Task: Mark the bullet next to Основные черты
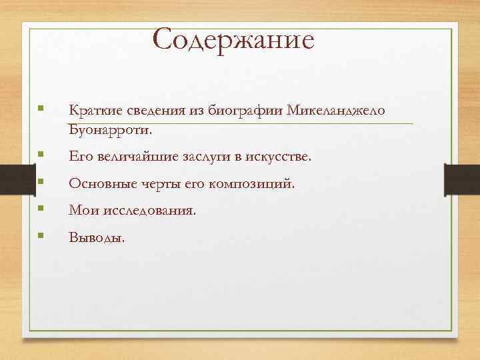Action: tap(41, 181)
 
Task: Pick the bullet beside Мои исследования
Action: tap(41, 208)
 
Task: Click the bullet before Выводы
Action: tap(41, 235)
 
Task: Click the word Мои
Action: tap(81, 209)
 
